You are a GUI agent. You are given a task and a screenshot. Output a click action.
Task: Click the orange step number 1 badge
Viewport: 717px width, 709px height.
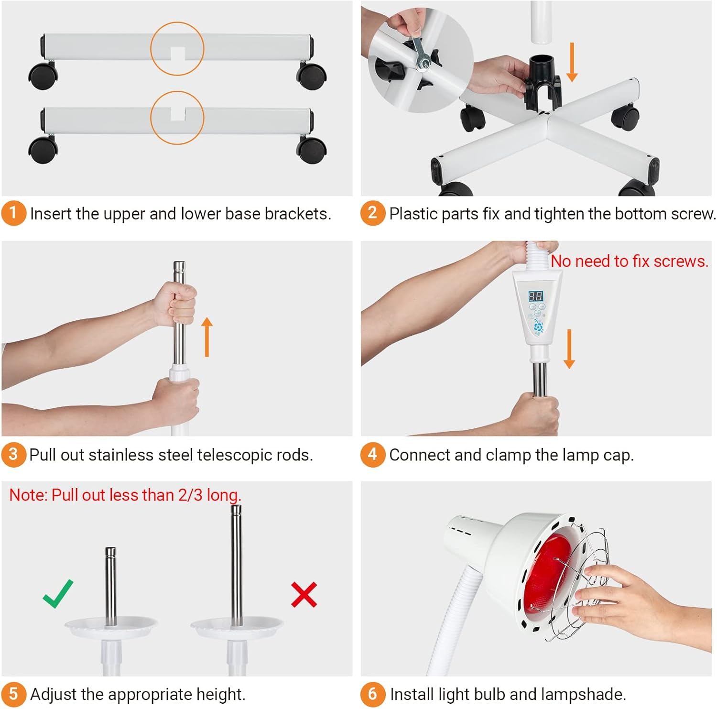[x=13, y=213]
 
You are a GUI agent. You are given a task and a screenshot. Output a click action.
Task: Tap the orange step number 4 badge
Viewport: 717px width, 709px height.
[x=372, y=454]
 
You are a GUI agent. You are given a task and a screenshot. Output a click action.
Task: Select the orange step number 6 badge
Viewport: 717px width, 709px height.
[x=372, y=694]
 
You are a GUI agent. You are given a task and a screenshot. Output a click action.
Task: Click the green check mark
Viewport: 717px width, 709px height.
[x=58, y=594]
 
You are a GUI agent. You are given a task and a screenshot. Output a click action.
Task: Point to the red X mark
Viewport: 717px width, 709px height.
[x=304, y=594]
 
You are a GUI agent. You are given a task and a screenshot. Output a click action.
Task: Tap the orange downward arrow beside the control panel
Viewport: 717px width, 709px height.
[x=569, y=349]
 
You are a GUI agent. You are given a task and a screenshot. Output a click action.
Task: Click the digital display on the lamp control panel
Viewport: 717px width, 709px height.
[x=535, y=296]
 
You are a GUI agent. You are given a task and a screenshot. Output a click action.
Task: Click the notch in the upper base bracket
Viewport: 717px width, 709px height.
[x=177, y=54]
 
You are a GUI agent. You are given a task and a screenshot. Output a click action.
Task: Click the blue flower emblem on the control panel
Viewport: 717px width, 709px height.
[x=539, y=327]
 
